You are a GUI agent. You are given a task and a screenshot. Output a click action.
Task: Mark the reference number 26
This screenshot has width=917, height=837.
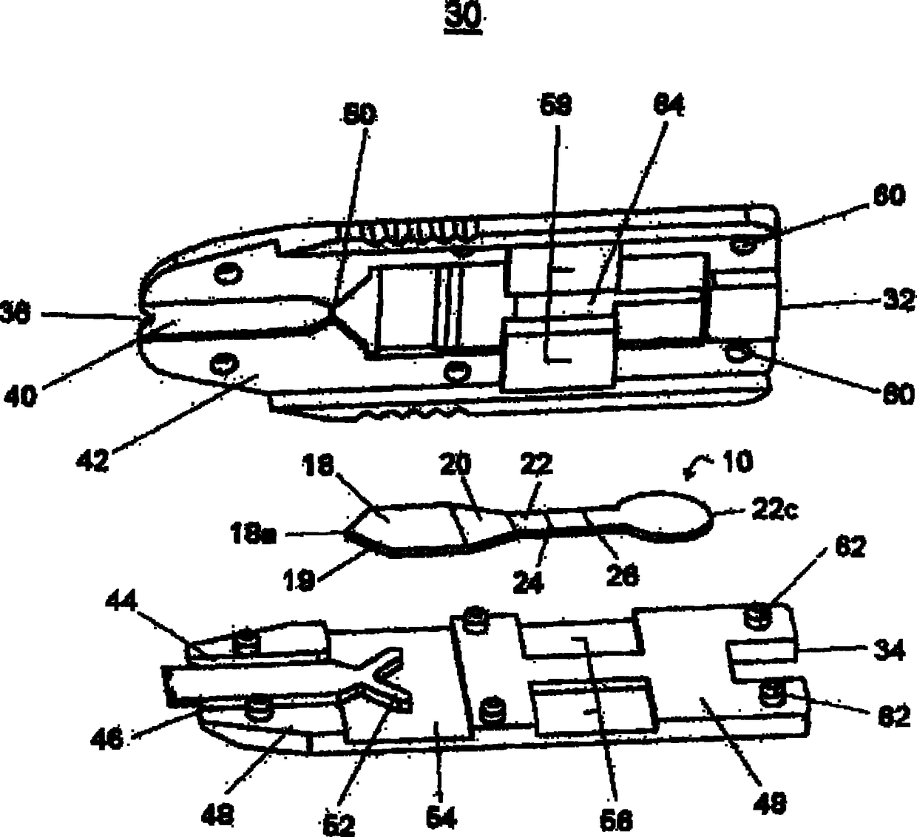(621, 575)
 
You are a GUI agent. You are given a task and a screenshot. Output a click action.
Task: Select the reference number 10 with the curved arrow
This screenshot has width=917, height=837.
(735, 462)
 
